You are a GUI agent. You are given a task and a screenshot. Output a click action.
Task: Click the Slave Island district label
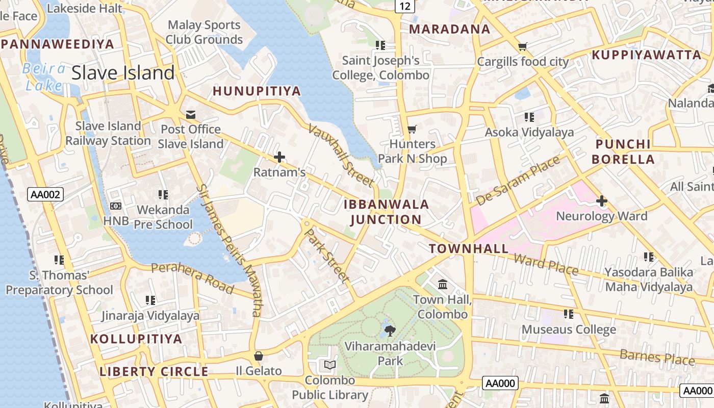[123, 73]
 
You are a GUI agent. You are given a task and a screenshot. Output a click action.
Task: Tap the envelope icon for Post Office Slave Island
[191, 114]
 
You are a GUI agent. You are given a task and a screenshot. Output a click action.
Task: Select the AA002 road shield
[45, 194]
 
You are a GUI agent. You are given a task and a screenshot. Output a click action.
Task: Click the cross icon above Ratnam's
[279, 157]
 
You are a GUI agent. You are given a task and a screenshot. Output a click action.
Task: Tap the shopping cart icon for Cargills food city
[522, 47]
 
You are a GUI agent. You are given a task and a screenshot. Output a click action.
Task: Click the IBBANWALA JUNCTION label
[386, 212]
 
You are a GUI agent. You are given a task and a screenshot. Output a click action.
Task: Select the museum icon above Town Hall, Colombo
[443, 284]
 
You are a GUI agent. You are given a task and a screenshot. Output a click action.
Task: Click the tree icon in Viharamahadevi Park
[390, 331]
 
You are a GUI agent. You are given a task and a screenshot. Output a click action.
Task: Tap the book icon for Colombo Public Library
[330, 365]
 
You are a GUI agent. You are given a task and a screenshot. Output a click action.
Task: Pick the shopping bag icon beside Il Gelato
[259, 355]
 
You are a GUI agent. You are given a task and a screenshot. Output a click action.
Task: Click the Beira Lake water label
[44, 77]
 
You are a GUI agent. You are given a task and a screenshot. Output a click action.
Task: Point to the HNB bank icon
[116, 206]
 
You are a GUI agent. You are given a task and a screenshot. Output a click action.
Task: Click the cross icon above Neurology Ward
[601, 201]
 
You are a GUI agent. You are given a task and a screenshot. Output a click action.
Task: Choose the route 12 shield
[404, 6]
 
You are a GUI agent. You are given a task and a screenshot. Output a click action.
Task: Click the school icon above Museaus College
[568, 314]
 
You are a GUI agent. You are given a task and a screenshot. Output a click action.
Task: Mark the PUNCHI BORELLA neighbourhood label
[623, 151]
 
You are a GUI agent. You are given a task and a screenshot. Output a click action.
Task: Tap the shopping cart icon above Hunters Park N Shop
[412, 129]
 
